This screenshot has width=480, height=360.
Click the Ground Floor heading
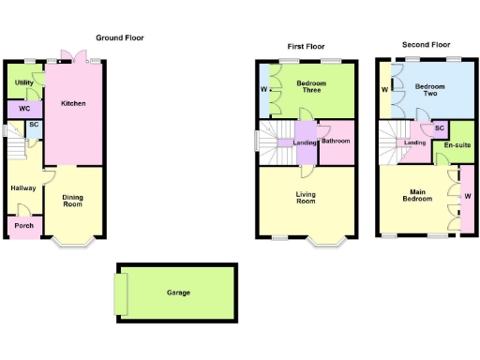[120, 38]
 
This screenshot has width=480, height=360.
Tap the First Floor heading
[306, 47]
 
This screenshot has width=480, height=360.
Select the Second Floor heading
[426, 44]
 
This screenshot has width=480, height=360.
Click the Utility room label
[24, 83]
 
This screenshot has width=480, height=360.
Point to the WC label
[24, 109]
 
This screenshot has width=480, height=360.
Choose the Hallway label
[22, 188]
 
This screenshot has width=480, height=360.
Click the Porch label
[23, 226]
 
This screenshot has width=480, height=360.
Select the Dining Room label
[73, 201]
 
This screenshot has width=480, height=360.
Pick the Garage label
[178, 292]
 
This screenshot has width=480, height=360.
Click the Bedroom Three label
[309, 87]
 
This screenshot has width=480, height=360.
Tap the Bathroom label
[336, 142]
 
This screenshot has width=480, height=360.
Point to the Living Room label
[306, 199]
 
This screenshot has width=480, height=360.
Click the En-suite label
[457, 145]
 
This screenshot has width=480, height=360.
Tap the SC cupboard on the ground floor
[33, 125]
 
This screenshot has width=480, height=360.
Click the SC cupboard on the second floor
[439, 128]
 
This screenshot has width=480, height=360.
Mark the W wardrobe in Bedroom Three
[263, 90]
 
